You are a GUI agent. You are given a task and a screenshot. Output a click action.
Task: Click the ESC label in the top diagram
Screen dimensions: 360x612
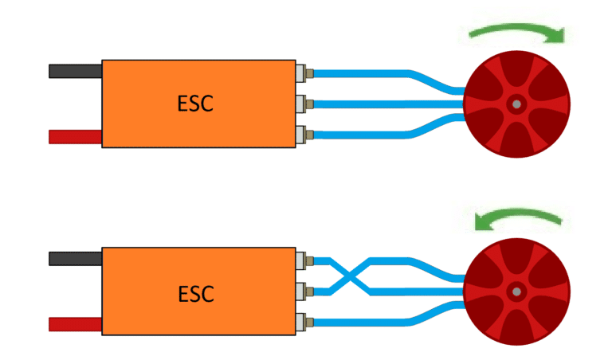pos(194,104)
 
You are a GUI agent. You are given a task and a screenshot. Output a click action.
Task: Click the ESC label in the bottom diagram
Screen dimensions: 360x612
pos(194,293)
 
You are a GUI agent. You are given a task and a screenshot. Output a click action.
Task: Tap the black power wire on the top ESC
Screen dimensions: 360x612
pos(75,71)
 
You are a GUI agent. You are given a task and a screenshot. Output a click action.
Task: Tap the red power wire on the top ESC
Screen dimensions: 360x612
pos(75,137)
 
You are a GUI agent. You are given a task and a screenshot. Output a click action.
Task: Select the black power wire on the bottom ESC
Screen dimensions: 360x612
pos(75,259)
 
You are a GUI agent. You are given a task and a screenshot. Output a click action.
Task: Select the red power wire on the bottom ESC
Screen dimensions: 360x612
pos(75,324)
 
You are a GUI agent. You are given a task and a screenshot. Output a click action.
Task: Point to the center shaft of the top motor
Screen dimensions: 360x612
pos(516,104)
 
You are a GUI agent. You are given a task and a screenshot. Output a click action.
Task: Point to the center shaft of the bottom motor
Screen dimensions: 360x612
pos(516,292)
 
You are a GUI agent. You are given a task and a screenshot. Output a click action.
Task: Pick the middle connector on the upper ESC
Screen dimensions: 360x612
pos(304,104)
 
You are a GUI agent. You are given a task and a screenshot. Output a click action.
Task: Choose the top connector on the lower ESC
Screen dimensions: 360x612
pos(304,261)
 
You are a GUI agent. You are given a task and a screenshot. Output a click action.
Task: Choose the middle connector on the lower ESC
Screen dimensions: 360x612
pos(304,291)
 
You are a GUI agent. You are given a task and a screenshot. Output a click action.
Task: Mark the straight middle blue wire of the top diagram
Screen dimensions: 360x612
pos(382,104)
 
